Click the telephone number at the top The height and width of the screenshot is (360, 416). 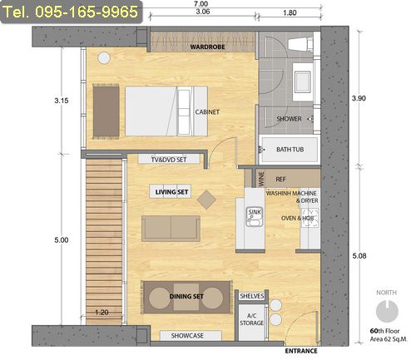click(x=72, y=12)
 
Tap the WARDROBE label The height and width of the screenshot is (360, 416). click(x=207, y=47)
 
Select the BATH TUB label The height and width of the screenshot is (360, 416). click(x=290, y=150)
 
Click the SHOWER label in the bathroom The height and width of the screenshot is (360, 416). click(x=289, y=119)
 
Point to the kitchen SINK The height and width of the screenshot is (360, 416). click(x=255, y=216)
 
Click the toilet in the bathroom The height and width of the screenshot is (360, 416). click(x=300, y=44)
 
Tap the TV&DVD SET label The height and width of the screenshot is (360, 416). click(x=169, y=160)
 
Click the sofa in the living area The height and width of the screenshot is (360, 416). click(x=171, y=229)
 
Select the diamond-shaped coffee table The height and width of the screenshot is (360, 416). click(x=206, y=200)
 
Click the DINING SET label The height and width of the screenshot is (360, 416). click(x=186, y=297)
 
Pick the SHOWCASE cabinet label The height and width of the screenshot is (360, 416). click(x=187, y=336)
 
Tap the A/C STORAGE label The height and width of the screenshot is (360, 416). click(x=252, y=319)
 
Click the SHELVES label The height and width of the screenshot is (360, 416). click(x=252, y=296)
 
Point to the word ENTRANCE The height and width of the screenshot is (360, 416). click(x=301, y=351)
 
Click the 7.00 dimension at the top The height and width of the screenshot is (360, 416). click(x=201, y=4)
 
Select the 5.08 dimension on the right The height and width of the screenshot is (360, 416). click(x=359, y=256)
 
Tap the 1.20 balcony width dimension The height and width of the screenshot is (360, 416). click(x=102, y=313)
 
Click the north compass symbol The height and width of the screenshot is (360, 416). click(x=387, y=311)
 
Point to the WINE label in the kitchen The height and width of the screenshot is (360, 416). click(x=261, y=179)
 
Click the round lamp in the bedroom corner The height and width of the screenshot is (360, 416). click(x=104, y=58)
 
